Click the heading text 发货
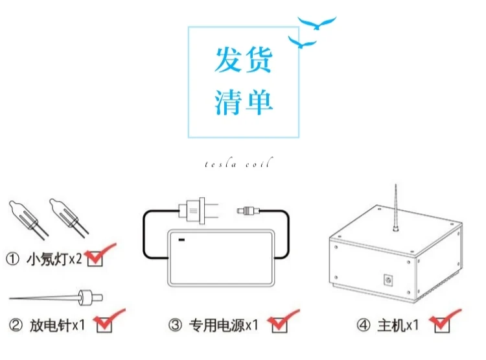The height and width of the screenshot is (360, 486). click(x=244, y=60)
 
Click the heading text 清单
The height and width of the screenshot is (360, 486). click(x=244, y=102)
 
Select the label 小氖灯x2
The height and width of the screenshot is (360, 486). click(x=54, y=259)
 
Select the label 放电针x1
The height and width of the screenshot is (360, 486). click(x=57, y=324)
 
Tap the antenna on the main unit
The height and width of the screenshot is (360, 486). click(x=395, y=211)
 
